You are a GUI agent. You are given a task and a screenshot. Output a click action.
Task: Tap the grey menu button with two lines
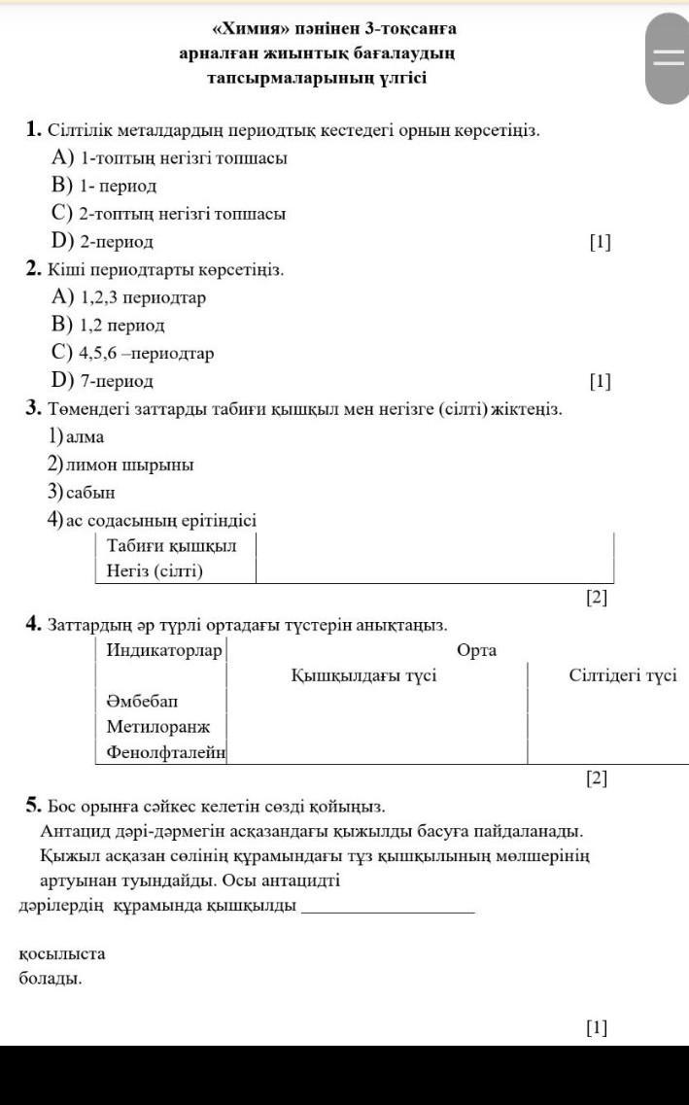tap(668, 58)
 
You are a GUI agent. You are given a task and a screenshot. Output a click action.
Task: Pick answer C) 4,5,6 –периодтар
tap(133, 353)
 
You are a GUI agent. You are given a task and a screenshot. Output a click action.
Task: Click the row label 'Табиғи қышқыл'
tap(171, 545)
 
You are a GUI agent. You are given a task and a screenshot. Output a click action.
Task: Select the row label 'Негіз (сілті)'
tap(155, 571)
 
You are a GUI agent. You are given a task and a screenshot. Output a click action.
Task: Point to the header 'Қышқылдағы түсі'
tap(363, 675)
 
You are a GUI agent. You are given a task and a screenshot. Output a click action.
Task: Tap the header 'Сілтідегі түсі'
tap(623, 675)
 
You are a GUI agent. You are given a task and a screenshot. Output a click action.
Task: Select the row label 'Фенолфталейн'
tap(165, 751)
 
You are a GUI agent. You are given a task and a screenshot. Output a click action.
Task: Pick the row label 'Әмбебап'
tap(143, 701)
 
